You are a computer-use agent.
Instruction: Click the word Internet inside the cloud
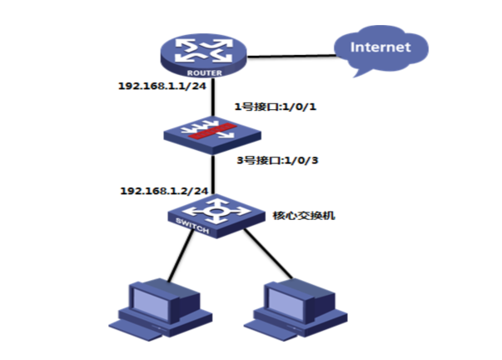click(x=380, y=47)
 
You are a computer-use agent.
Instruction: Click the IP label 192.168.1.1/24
click(x=162, y=86)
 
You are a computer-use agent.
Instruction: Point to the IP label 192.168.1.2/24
click(x=161, y=190)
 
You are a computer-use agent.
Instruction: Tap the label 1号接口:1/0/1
click(x=276, y=108)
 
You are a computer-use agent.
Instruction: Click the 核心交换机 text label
click(x=304, y=214)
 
